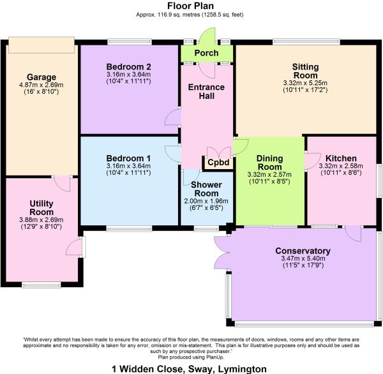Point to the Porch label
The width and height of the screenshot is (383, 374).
pos(207,54)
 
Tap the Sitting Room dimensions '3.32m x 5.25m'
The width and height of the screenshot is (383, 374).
pos(304,82)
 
